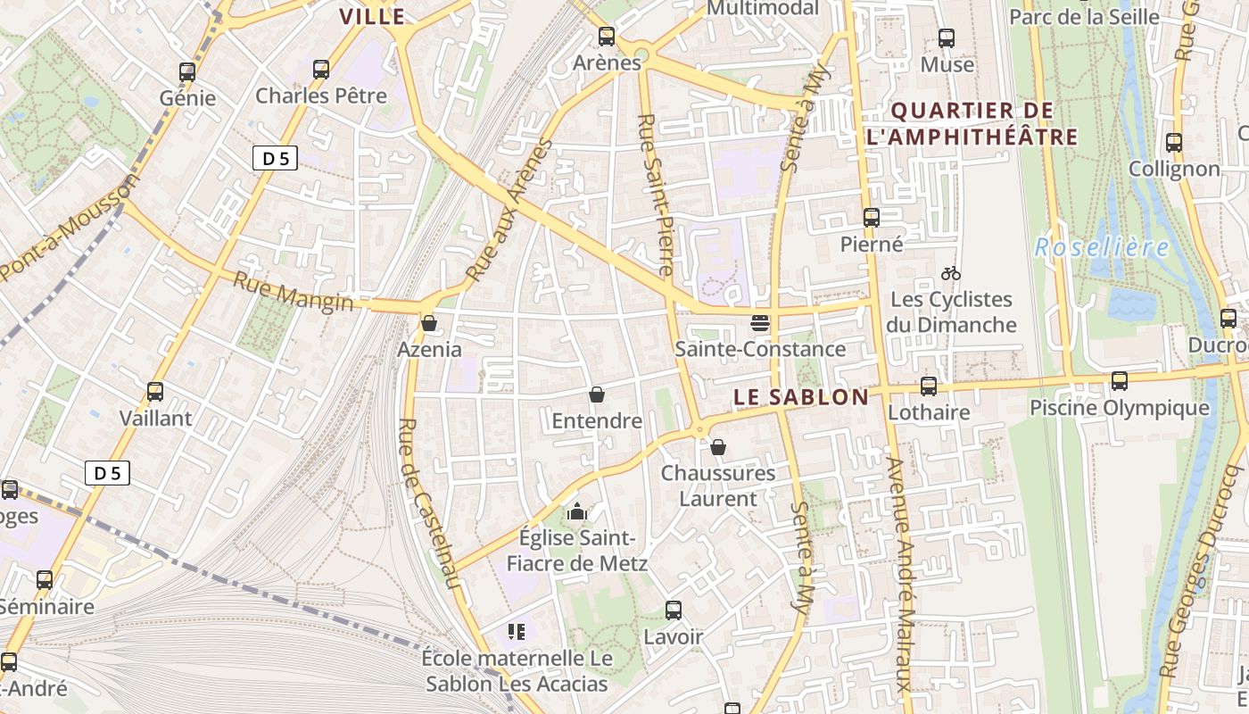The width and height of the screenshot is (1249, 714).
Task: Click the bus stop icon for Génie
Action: [186, 72]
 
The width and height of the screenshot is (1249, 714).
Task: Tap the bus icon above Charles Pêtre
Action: [320, 69]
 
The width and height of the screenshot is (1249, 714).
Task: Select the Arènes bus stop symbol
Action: [607, 37]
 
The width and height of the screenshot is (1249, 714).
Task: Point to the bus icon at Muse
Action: [947, 38]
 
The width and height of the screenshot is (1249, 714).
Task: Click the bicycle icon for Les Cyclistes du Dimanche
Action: [951, 273]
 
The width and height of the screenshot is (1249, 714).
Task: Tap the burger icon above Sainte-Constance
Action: [760, 322]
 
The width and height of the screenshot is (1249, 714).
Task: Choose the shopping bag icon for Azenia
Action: [429, 323]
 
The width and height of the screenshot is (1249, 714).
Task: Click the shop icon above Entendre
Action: [597, 394]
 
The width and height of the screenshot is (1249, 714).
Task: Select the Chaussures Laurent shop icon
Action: [718, 447]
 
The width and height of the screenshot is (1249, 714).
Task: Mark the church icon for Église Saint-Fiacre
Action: [578, 512]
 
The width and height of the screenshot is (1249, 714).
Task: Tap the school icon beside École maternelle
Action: [516, 632]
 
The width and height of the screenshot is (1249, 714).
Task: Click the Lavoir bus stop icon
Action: [674, 610]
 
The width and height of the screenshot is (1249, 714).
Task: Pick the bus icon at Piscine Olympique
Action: [1120, 381]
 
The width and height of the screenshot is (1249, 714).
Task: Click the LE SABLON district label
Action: [800, 397]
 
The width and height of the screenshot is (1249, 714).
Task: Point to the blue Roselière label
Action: [1101, 248]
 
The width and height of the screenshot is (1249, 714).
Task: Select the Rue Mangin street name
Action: [293, 293]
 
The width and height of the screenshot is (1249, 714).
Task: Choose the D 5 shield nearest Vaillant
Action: [107, 473]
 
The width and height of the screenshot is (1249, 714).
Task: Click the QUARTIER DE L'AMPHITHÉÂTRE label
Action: [972, 124]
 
